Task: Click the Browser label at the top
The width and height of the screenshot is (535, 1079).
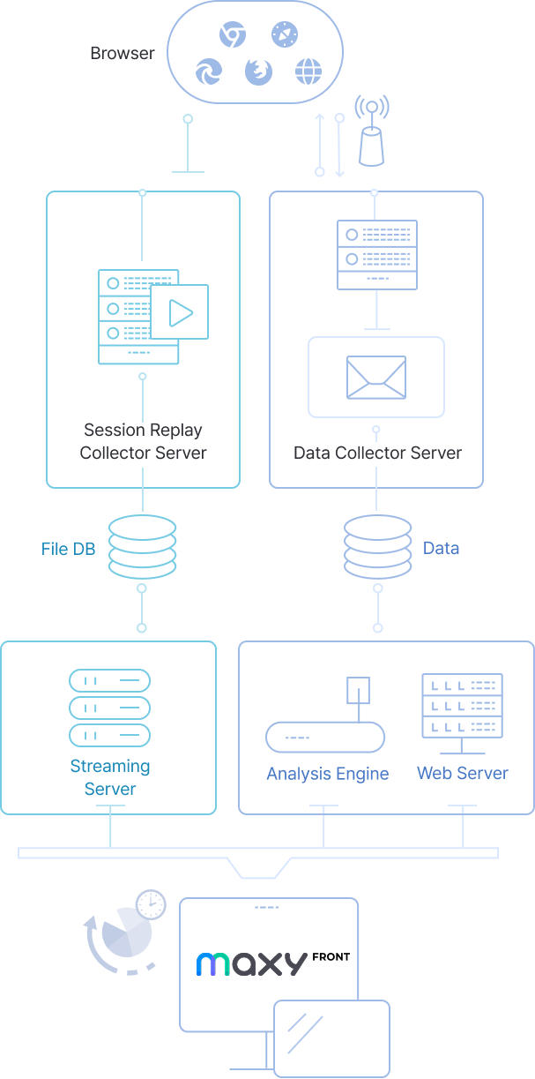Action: pos(122,53)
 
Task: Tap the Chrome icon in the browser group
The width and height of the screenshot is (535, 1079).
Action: pos(233,35)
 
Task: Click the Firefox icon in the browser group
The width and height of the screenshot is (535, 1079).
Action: pos(259,71)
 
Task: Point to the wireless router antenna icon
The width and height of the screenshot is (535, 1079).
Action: pos(372,132)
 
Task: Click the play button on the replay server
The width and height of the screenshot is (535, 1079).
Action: pos(180,311)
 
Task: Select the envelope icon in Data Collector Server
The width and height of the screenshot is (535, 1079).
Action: pos(376,377)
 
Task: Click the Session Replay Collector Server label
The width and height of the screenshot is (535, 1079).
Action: pos(143,441)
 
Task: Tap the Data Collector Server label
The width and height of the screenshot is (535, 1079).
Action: pos(377,453)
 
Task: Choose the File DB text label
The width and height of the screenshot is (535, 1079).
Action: pos(68,549)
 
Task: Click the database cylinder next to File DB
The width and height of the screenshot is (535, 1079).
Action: pos(142,548)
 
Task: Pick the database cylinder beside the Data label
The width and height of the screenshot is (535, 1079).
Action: pos(377,548)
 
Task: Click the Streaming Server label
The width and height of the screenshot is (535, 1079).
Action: pos(110,777)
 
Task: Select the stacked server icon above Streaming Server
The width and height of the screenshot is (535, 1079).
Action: pos(109,708)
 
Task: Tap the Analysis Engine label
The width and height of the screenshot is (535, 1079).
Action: pos(327,774)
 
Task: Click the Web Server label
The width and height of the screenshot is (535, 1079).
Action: pos(462,773)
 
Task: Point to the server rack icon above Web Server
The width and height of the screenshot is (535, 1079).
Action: pos(462,708)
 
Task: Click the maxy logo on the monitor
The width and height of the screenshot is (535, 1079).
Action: pos(251,963)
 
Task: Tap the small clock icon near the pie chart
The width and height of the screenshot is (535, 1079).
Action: pos(152,904)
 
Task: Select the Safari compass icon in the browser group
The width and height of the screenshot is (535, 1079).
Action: pos(283,35)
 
